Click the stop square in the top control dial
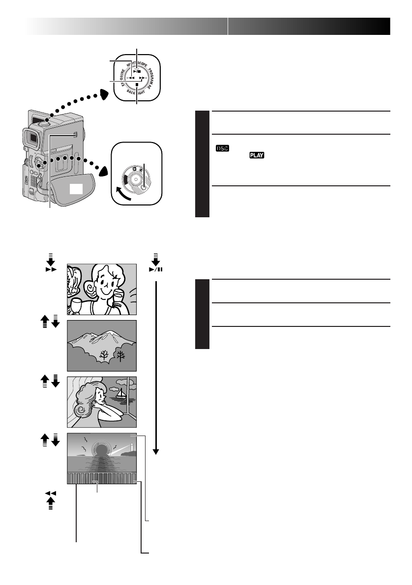point(137,85)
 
